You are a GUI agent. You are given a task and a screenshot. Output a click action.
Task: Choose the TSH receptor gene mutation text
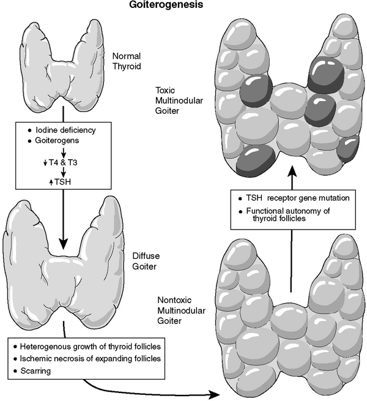pyautogui.click(x=291, y=200)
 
